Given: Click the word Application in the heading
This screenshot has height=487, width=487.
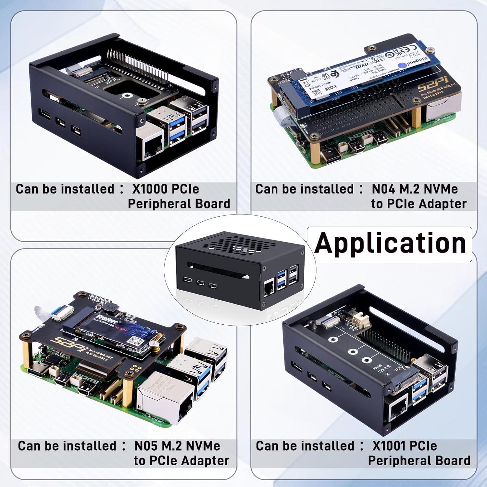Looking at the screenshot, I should tap(390, 243).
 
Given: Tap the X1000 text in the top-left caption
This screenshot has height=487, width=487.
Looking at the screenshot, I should tap(149, 189).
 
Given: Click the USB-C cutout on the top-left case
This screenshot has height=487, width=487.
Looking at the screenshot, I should tap(44, 114).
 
